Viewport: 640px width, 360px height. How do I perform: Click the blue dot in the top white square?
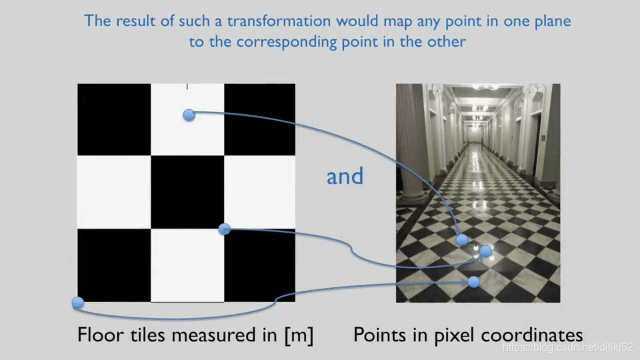[189, 115]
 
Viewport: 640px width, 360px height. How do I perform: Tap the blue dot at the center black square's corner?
[225, 229]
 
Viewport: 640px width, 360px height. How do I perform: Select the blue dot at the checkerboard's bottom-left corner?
[78, 303]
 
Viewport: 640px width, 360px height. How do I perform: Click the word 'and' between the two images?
[345, 176]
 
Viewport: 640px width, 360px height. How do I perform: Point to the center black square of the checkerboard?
[187, 192]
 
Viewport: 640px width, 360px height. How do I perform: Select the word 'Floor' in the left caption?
[101, 334]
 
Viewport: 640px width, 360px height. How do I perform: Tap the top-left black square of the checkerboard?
[114, 119]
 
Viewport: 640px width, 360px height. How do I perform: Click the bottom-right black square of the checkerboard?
[259, 265]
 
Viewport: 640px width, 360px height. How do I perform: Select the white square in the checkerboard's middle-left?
[114, 192]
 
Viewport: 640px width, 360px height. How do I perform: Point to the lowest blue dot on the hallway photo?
[474, 282]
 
